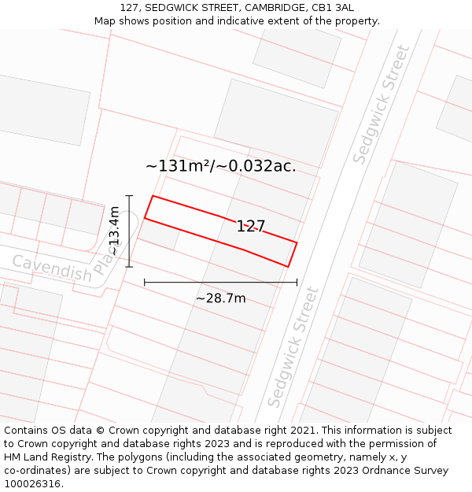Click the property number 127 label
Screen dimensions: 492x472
click(x=251, y=227)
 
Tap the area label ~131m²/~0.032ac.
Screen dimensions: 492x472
click(x=220, y=166)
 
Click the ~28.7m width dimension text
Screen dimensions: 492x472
click(x=220, y=298)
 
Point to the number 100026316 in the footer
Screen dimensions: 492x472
click(x=35, y=484)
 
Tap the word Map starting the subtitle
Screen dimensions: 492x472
click(x=106, y=21)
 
